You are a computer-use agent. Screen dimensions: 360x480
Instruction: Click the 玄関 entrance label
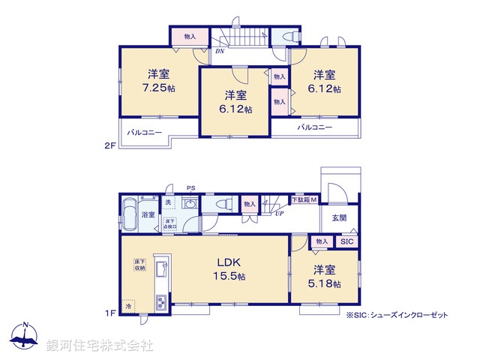(339, 218)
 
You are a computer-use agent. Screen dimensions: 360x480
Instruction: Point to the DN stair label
(218, 52)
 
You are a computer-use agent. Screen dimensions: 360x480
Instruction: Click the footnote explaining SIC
(397, 316)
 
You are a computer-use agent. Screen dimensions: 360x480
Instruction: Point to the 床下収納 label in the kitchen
(139, 263)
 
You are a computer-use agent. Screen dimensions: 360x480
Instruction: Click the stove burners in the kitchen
(161, 302)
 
